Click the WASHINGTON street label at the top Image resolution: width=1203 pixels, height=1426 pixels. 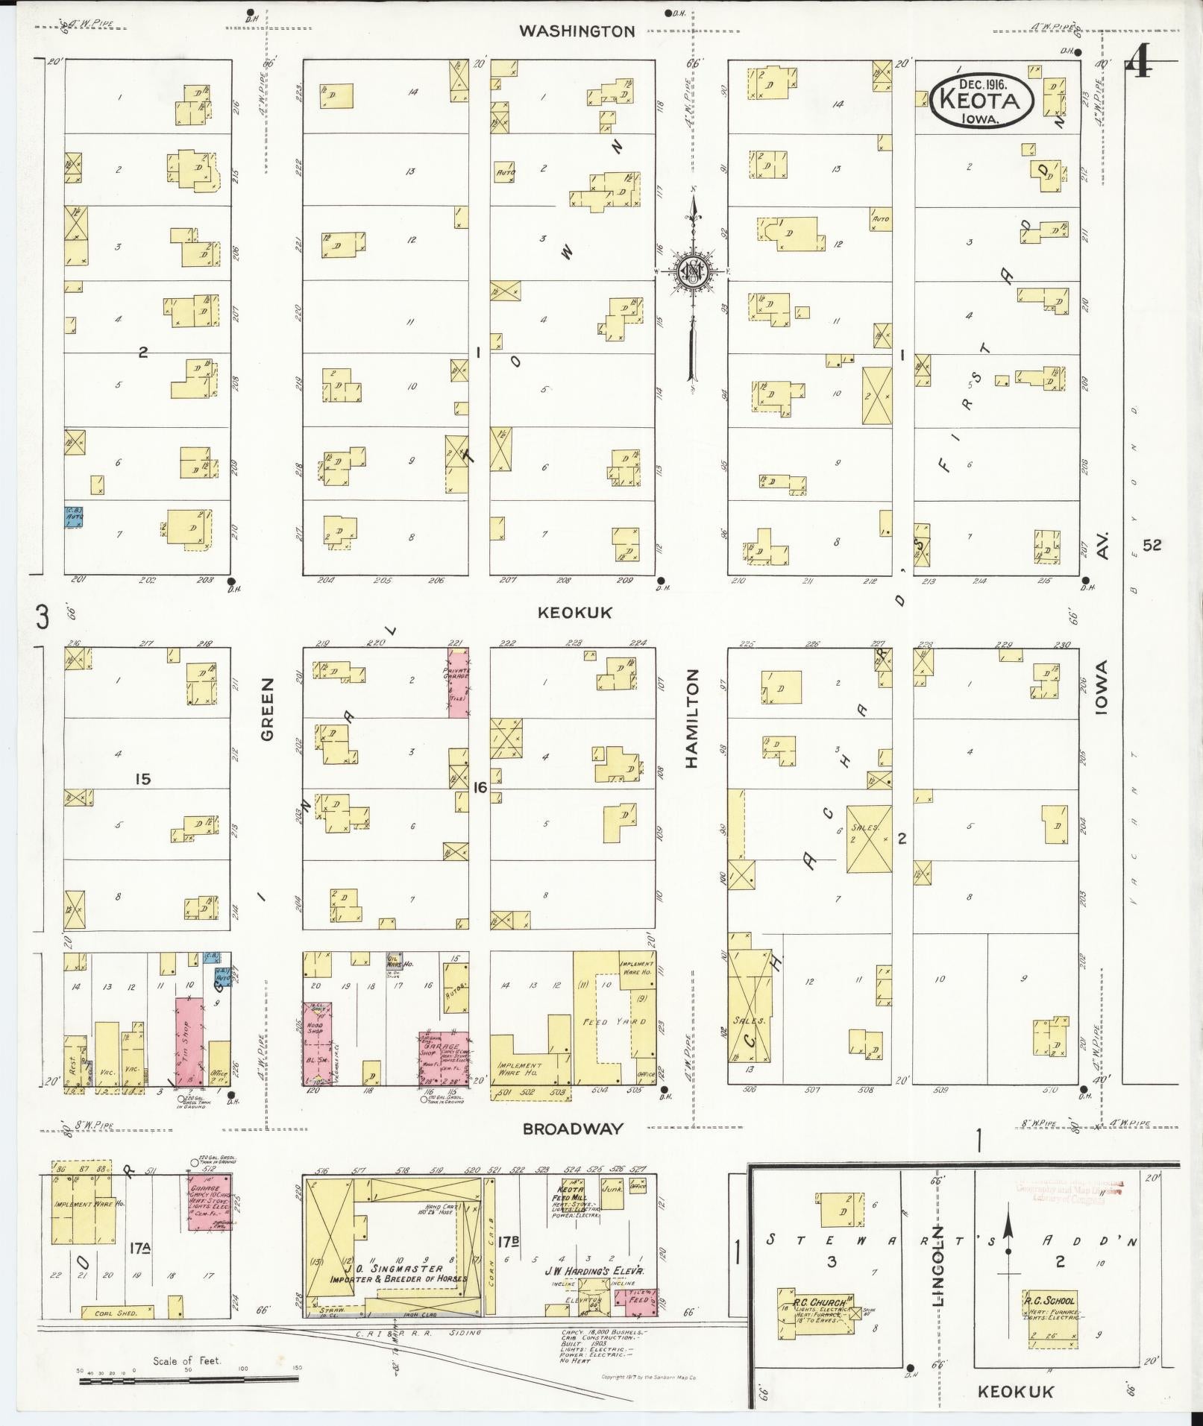577,31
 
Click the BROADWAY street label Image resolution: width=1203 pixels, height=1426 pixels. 573,1129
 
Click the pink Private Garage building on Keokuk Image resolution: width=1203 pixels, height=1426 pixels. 458,683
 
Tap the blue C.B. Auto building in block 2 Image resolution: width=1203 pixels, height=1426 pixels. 73,517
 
